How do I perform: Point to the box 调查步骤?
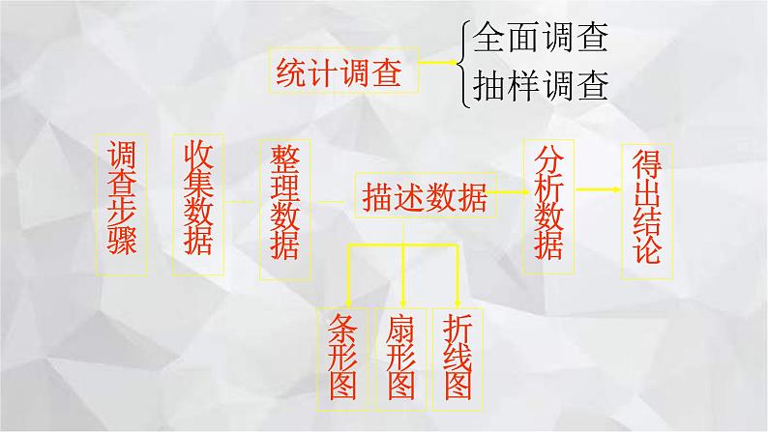[x=122, y=199]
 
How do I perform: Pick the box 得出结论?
[x=642, y=209]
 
